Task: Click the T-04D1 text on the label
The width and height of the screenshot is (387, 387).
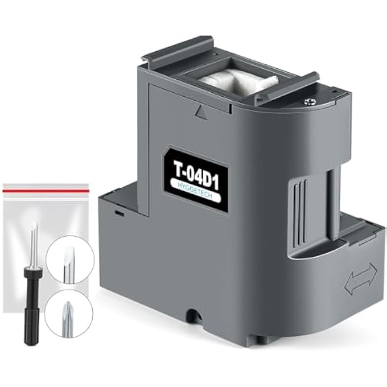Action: click(x=196, y=175)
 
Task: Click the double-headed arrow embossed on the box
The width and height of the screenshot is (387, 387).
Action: click(x=361, y=278)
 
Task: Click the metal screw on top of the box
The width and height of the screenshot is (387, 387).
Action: click(x=307, y=101)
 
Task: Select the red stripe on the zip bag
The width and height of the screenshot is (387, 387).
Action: click(x=46, y=191)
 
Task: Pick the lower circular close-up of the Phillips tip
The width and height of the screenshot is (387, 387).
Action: click(x=69, y=314)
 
